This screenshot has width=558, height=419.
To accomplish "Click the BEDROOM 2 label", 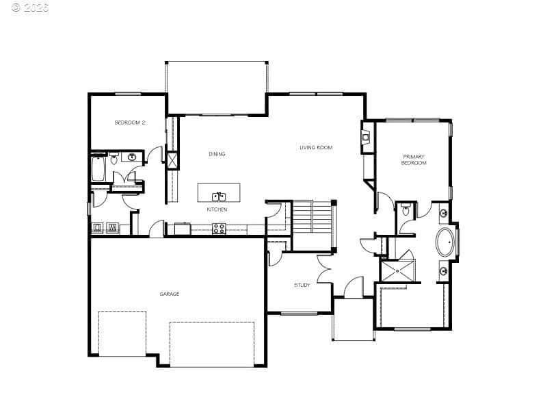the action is (130, 123).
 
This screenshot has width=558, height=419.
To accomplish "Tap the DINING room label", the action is (217, 154).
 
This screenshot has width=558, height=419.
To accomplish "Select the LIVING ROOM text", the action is (316, 147).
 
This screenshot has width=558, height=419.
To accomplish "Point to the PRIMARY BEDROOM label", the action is (414, 160).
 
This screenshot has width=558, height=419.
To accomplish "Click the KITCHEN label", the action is (217, 209).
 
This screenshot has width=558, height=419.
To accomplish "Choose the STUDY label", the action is (302, 285).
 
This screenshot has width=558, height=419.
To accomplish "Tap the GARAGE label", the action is (170, 294).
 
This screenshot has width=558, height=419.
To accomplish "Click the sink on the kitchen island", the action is (219, 196).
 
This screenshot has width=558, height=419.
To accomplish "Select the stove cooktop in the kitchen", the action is (219, 229).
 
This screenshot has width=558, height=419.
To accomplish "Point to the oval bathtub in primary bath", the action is (446, 242).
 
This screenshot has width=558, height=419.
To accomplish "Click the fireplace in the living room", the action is (366, 137).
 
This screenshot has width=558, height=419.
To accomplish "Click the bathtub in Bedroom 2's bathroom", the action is (98, 168).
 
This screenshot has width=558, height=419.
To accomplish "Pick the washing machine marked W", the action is (112, 227).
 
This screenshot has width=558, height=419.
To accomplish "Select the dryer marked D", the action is (97, 227).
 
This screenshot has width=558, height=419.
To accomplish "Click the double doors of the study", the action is (324, 269).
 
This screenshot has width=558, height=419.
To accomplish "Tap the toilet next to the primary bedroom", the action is (406, 209).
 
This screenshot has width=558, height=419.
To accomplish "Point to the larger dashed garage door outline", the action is (212, 344).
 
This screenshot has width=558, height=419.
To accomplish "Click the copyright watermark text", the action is (30, 7).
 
